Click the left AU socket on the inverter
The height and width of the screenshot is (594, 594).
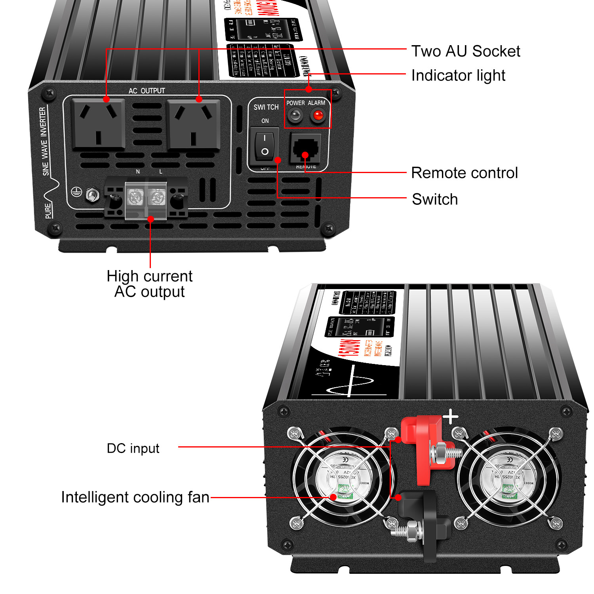point(98,124)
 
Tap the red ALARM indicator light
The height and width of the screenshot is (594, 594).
point(318,116)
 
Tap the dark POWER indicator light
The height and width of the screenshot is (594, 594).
point(295,116)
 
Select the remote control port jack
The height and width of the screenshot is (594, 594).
point(305,148)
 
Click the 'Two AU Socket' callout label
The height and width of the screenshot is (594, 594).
point(465,51)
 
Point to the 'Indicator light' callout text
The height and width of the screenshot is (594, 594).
point(458,75)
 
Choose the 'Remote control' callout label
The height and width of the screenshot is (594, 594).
point(464,173)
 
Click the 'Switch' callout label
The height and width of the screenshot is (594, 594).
point(434,199)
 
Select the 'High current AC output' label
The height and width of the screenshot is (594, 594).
point(150,284)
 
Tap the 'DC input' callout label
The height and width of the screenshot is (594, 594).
point(133,448)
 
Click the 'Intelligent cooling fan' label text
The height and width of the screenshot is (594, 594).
point(135,497)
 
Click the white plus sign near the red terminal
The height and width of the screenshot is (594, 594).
point(450,417)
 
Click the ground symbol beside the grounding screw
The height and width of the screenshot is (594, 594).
point(76,192)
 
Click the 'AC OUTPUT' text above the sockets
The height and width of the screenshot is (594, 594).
point(147,91)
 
